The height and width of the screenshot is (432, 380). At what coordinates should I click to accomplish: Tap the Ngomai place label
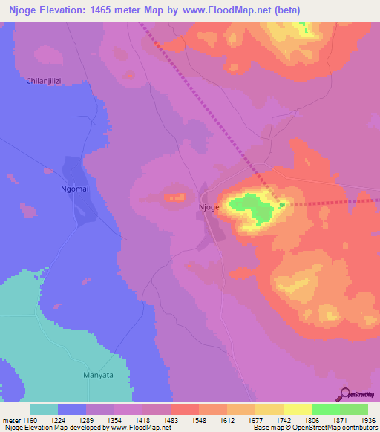pyautogui.click(x=74, y=189)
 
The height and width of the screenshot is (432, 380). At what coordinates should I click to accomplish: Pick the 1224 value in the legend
pyautogui.click(x=69, y=419)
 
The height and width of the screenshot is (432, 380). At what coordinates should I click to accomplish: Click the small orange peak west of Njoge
pyautogui.click(x=175, y=197)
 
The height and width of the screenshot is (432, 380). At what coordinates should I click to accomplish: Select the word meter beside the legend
pyautogui.click(x=11, y=419)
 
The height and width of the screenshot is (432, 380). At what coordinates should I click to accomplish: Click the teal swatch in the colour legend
pyautogui.click(x=43, y=409)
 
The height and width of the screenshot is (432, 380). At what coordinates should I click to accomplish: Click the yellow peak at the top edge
pyautogui.click(x=301, y=28)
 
